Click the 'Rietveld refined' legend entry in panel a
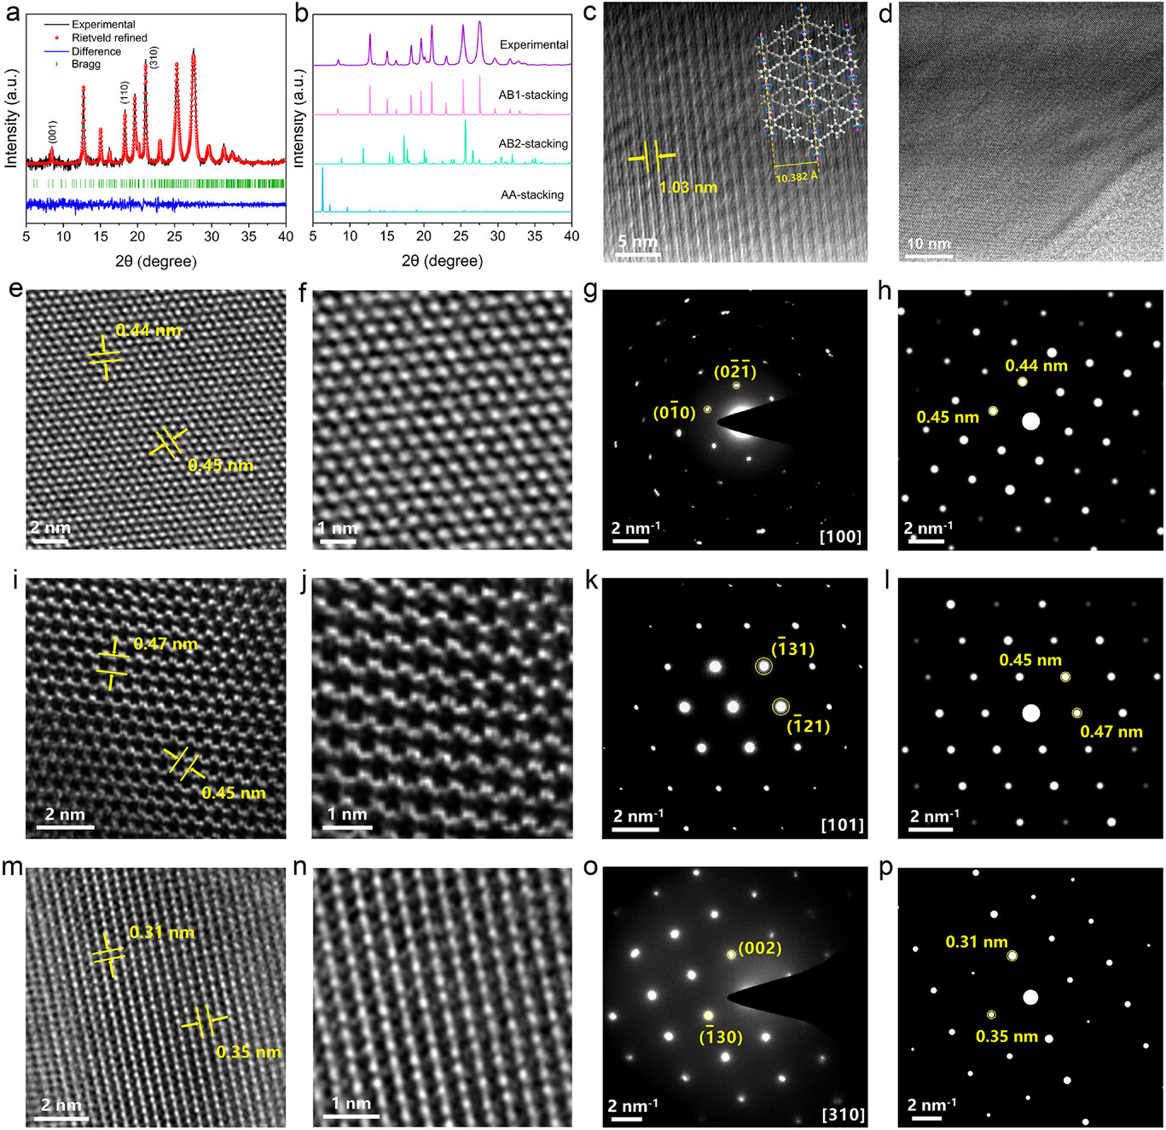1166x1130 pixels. coord(109,38)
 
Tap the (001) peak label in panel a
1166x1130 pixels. coord(53,131)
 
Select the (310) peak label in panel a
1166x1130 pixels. coord(154,57)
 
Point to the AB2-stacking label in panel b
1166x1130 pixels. coord(533,143)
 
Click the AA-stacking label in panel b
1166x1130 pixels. coord(532,194)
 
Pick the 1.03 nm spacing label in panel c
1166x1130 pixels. coord(688,187)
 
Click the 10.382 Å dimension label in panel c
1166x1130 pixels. coord(797,177)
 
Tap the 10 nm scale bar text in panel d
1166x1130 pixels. coord(928,244)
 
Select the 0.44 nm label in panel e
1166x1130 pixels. coord(148,330)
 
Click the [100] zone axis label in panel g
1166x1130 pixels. coord(840,536)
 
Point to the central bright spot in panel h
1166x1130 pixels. coord(1030,420)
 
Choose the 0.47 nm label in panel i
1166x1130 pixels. coord(165,644)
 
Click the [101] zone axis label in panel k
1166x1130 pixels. coord(842,825)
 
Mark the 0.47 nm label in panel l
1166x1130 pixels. coord(1111,732)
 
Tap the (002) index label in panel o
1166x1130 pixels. coord(759,948)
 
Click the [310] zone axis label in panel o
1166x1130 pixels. coord(843,1115)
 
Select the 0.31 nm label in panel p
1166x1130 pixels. coord(977,942)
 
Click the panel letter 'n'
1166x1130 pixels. coord(299,867)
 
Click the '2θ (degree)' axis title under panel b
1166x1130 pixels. coord(442,261)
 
